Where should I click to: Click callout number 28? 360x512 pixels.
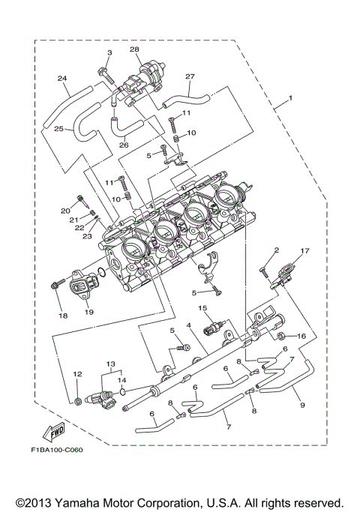135,49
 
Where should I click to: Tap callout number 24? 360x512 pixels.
61,78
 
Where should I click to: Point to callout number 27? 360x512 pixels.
190,76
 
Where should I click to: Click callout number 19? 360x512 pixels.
88,311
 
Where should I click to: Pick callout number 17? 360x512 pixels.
304,251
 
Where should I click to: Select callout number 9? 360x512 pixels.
302,405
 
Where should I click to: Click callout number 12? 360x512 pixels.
76,373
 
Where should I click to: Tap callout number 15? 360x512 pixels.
202,308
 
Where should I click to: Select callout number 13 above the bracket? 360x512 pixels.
111,362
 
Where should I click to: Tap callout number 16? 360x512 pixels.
302,337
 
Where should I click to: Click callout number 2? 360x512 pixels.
276,250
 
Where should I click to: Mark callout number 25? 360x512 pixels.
57,129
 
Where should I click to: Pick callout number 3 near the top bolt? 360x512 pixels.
109,52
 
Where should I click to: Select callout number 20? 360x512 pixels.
65,211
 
